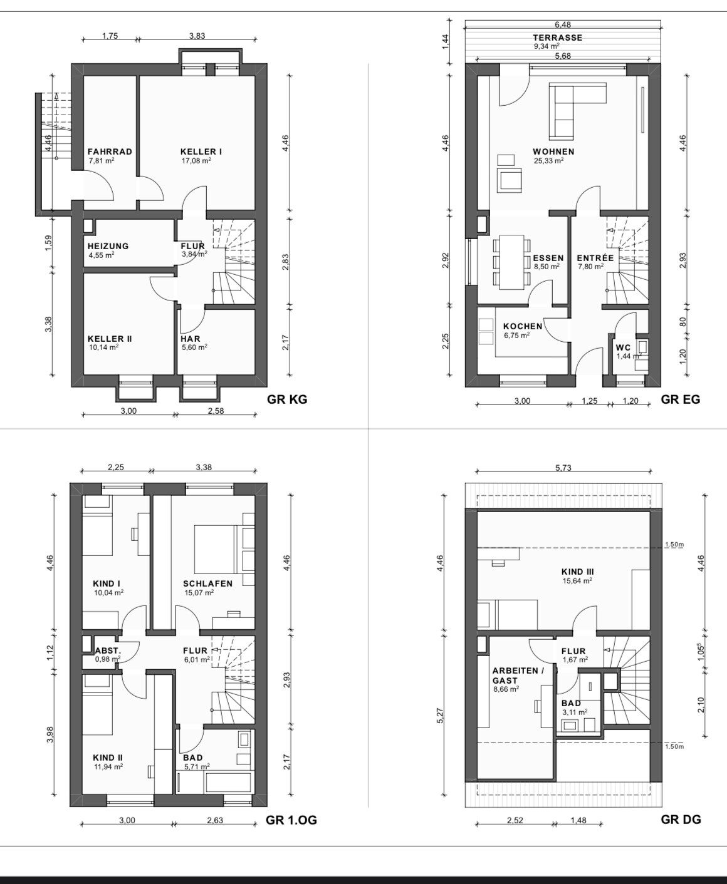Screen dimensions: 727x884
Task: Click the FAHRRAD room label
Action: click(110, 152)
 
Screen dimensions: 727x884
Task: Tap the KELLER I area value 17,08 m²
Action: click(196, 160)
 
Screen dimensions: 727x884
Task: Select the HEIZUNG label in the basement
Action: click(108, 246)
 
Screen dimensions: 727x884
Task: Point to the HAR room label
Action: click(191, 339)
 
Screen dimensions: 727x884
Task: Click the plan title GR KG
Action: click(287, 399)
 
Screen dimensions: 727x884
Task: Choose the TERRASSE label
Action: click(558, 38)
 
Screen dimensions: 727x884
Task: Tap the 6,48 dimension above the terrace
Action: click(563, 25)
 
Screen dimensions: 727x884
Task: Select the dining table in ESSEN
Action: click(511, 262)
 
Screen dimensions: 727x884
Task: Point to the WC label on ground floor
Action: click(623, 347)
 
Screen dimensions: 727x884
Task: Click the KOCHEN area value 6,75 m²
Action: click(516, 335)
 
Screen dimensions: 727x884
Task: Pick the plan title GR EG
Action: click(681, 399)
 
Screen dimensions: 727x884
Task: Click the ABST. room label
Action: click(108, 651)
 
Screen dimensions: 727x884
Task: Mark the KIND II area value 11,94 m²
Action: click(108, 767)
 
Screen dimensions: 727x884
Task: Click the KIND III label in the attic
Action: click(578, 572)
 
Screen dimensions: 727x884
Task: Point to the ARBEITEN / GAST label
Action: click(518, 676)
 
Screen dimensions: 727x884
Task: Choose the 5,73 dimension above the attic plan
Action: click(563, 468)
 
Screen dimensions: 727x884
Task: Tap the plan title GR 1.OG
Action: click(291, 820)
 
